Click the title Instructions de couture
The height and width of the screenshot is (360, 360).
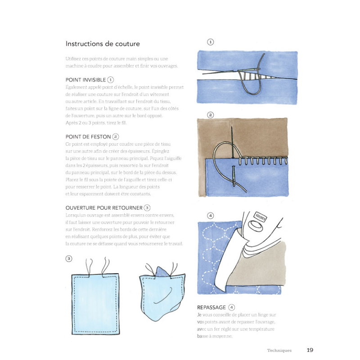[x=103, y=44]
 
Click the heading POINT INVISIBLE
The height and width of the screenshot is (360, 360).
[x=86, y=80]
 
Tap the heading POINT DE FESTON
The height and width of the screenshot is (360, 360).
[x=88, y=136]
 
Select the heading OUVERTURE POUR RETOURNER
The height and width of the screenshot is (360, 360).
[x=104, y=208]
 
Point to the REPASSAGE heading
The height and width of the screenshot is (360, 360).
[x=211, y=308]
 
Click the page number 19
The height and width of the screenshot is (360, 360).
[x=310, y=350]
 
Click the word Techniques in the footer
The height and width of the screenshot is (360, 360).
[x=279, y=350]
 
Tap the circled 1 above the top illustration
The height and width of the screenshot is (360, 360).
[x=210, y=42]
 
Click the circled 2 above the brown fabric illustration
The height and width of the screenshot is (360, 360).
[x=210, y=115]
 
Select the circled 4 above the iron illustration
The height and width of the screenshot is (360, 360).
[x=210, y=215]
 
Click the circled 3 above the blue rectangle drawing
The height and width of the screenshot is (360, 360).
[x=68, y=258]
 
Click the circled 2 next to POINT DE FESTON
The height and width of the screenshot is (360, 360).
[x=116, y=136]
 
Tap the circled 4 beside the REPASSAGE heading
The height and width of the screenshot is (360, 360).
[x=232, y=308]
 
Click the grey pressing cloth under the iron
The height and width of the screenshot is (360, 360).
[x=261, y=265]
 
